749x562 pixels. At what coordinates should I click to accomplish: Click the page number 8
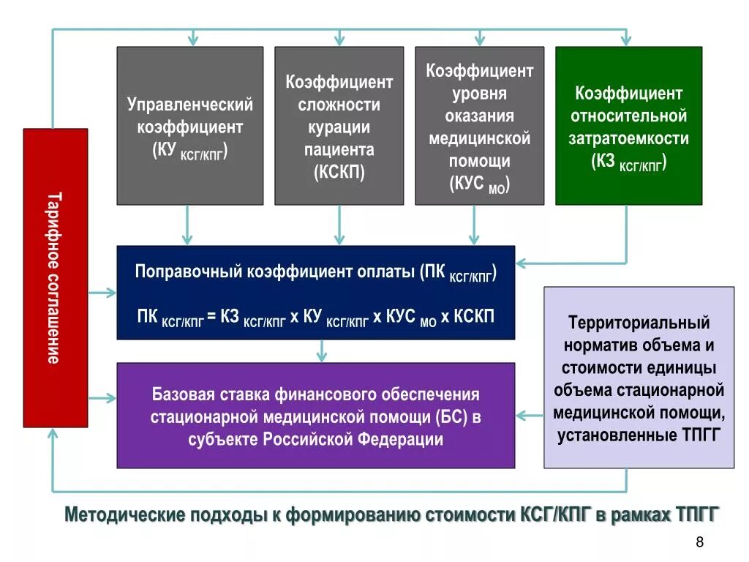700,542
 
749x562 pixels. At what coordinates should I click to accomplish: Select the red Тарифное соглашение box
55,277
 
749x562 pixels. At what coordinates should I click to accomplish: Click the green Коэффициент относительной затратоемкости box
628,126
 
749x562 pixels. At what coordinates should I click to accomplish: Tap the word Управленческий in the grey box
190,105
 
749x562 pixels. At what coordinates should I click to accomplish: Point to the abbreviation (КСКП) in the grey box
339,173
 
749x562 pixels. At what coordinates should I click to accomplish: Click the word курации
339,127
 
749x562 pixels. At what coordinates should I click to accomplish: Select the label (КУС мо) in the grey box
479,184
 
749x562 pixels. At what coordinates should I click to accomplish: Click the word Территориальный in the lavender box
639,322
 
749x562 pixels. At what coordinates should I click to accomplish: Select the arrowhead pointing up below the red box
53,434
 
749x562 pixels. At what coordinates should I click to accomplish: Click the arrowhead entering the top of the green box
625,40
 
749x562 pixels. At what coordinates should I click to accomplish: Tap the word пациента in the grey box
339,150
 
